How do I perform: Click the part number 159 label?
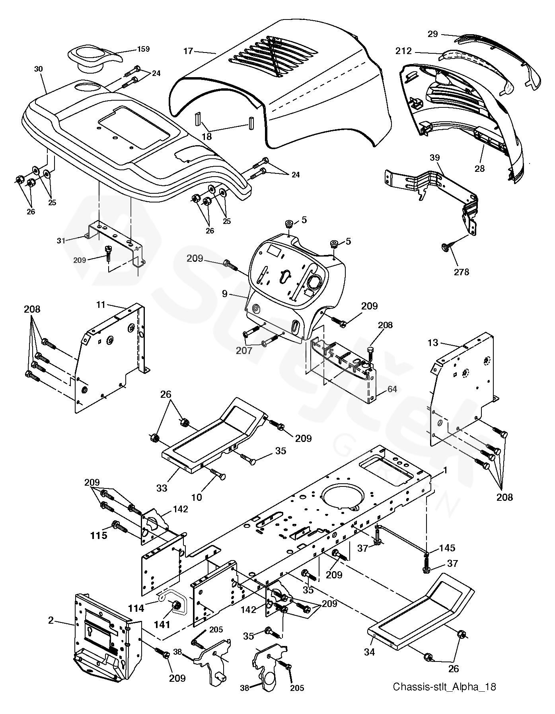tap(143, 49)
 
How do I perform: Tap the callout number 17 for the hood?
tap(188, 51)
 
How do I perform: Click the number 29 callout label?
tap(433, 34)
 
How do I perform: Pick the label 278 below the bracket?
tap(462, 272)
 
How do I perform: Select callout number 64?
tap(392, 389)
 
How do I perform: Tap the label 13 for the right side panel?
tap(433, 342)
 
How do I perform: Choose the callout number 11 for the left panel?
tap(101, 305)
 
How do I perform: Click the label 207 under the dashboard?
tap(255, 350)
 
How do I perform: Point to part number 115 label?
tap(99, 535)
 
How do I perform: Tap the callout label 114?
tap(136, 607)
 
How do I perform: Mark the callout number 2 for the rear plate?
tap(51, 620)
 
